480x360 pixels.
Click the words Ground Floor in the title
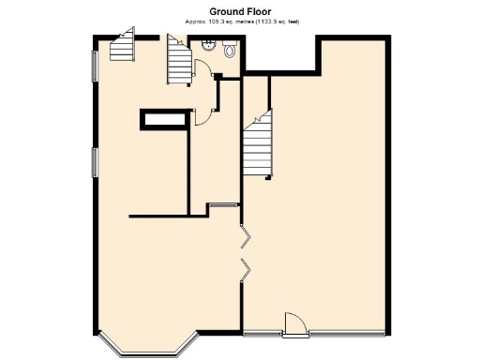click(239, 11)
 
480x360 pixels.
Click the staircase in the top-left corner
click(122, 47)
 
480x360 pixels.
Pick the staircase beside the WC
click(178, 59)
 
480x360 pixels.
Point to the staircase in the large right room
click(259, 145)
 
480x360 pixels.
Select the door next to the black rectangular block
click(202, 114)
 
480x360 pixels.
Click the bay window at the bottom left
click(145, 349)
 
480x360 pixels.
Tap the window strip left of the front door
click(263, 333)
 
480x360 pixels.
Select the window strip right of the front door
click(346, 333)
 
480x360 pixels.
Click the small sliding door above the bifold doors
click(221, 204)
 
